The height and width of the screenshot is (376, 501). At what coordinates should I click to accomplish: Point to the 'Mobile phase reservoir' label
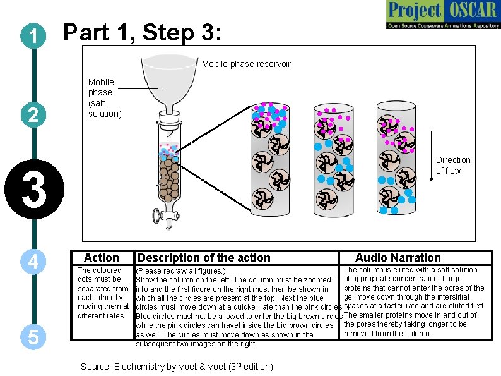click(x=246, y=64)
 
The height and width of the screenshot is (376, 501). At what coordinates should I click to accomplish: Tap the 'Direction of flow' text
click(x=453, y=165)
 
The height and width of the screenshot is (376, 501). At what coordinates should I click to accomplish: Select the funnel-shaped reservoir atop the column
click(x=168, y=80)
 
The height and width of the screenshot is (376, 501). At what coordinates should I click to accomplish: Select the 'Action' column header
click(x=101, y=258)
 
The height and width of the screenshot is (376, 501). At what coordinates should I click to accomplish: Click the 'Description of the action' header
click(x=204, y=258)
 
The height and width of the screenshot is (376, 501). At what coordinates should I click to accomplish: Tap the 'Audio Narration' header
click(x=398, y=258)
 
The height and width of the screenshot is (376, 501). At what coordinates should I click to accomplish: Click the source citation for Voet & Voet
click(x=177, y=367)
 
